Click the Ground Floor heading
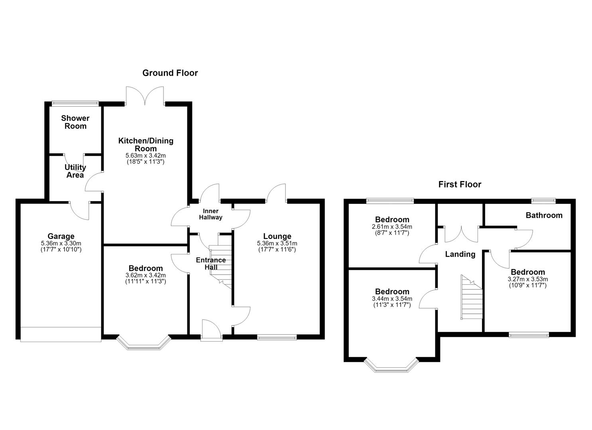pyautogui.click(x=170, y=73)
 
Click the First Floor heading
pyautogui.click(x=460, y=184)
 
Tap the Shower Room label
pyautogui.click(x=75, y=122)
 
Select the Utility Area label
pyautogui.click(x=75, y=171)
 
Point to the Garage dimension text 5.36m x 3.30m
pyautogui.click(x=61, y=243)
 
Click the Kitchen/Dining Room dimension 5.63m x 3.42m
pyautogui.click(x=146, y=155)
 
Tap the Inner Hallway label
pyautogui.click(x=210, y=214)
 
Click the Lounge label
pyautogui.click(x=277, y=236)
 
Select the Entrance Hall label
pyautogui.click(x=211, y=264)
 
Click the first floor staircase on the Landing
pyautogui.click(x=472, y=297)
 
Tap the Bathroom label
pyautogui.click(x=544, y=215)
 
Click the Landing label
pyautogui.click(x=460, y=254)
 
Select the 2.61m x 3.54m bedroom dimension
pyautogui.click(x=392, y=227)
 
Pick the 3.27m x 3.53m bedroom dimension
pyautogui.click(x=528, y=279)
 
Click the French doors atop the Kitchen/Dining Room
pyautogui.click(x=145, y=96)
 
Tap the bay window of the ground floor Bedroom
pyautogui.click(x=144, y=344)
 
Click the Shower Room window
pyautogui.click(x=75, y=103)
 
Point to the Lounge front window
pyautogui.click(x=277, y=337)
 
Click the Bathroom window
pyautogui.click(x=543, y=201)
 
